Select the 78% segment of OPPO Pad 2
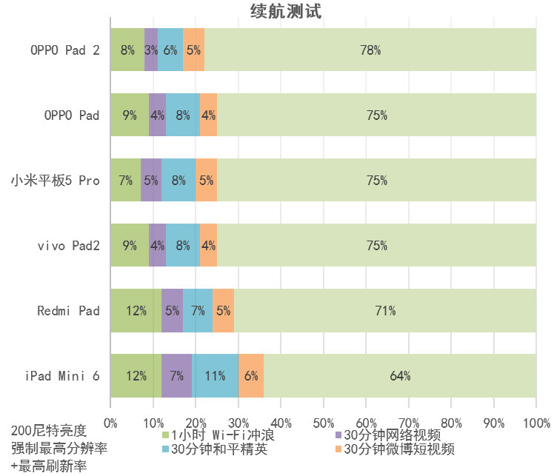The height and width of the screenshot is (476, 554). pyautogui.click(x=370, y=50)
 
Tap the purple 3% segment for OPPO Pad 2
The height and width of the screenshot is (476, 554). pyautogui.click(x=151, y=50)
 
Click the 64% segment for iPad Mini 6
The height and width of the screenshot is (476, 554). pyautogui.click(x=400, y=375)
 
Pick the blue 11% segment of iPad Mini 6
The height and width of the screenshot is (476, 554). pyautogui.click(x=216, y=375)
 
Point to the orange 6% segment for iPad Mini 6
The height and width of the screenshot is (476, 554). pyautogui.click(x=251, y=375)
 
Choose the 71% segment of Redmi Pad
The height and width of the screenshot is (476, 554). pyautogui.click(x=385, y=310)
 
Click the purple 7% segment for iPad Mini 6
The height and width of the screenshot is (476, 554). pyautogui.click(x=177, y=375)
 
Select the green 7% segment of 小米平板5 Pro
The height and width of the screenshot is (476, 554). pyautogui.click(x=125, y=180)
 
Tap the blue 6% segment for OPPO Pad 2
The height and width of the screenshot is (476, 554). pyautogui.click(x=170, y=50)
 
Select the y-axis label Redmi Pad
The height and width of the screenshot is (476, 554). pyautogui.click(x=68, y=310)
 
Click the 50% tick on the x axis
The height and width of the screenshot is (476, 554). pyautogui.click(x=323, y=423)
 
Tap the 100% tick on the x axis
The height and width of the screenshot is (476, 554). pyautogui.click(x=536, y=423)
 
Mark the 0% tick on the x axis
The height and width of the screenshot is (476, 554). pyautogui.click(x=110, y=423)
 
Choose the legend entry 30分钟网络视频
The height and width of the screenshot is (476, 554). pyautogui.click(x=393, y=435)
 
